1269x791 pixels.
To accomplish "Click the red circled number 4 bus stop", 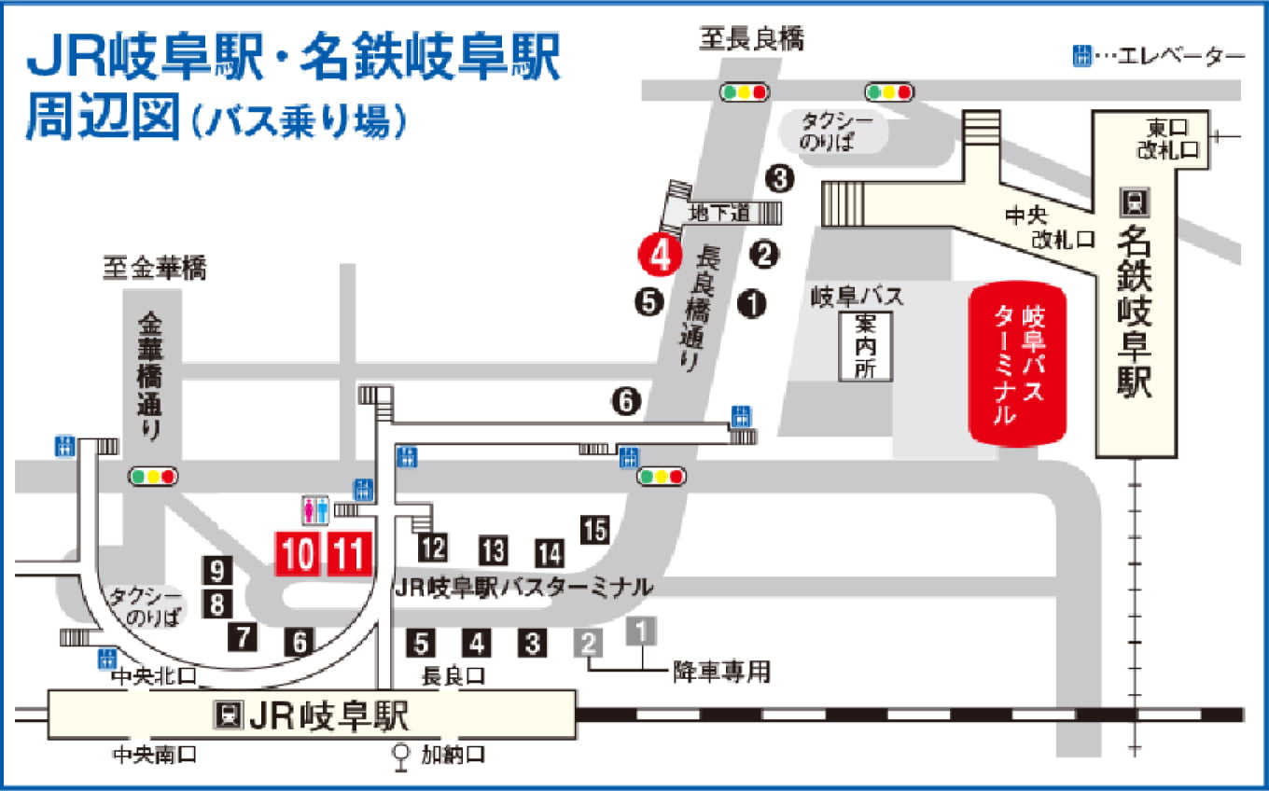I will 658,254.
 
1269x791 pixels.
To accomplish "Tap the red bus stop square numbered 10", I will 299,554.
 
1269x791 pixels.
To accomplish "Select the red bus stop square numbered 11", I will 350,554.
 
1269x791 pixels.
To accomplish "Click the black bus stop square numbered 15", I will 594,529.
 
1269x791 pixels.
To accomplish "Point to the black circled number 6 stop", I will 626,402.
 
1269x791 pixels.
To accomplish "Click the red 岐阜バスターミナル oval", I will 1018,364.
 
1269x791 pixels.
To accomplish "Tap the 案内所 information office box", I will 865,345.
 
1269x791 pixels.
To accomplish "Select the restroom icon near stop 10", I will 314,509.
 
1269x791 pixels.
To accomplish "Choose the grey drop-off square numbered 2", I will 588,643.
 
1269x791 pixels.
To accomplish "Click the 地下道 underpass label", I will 719,213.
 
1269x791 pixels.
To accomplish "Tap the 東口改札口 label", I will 1166,138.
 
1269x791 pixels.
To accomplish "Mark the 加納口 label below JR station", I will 453,754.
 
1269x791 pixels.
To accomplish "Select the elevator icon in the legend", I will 1081,56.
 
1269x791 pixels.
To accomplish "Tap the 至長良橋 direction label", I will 751,38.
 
